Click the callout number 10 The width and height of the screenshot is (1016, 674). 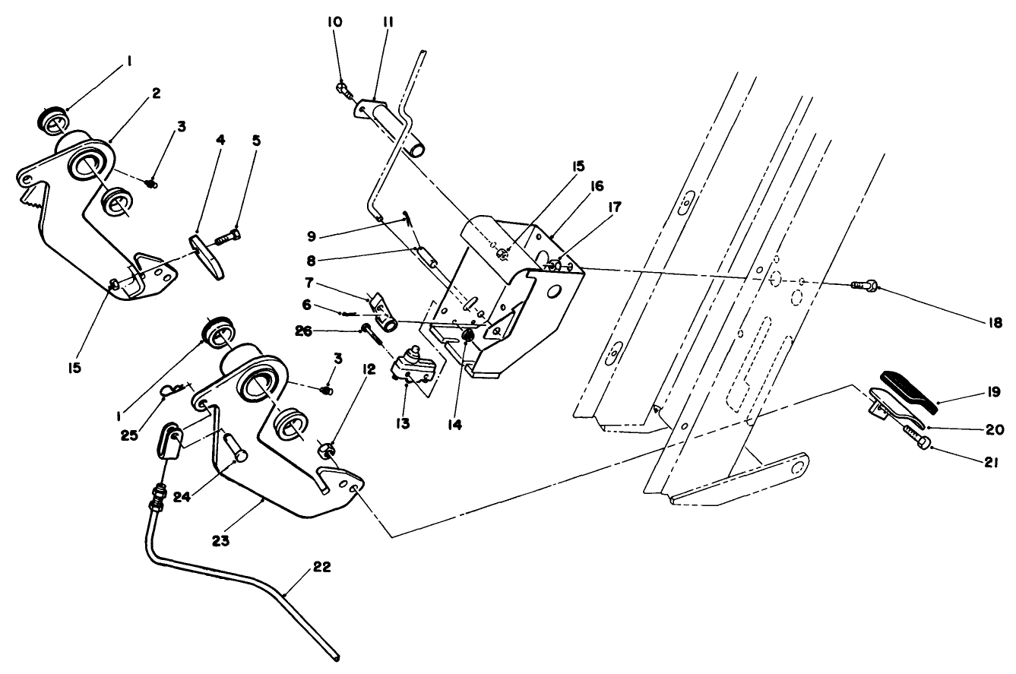pyautogui.click(x=335, y=23)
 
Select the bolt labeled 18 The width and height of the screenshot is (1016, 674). pyautogui.click(x=863, y=286)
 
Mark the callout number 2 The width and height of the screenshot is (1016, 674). pyautogui.click(x=155, y=93)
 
